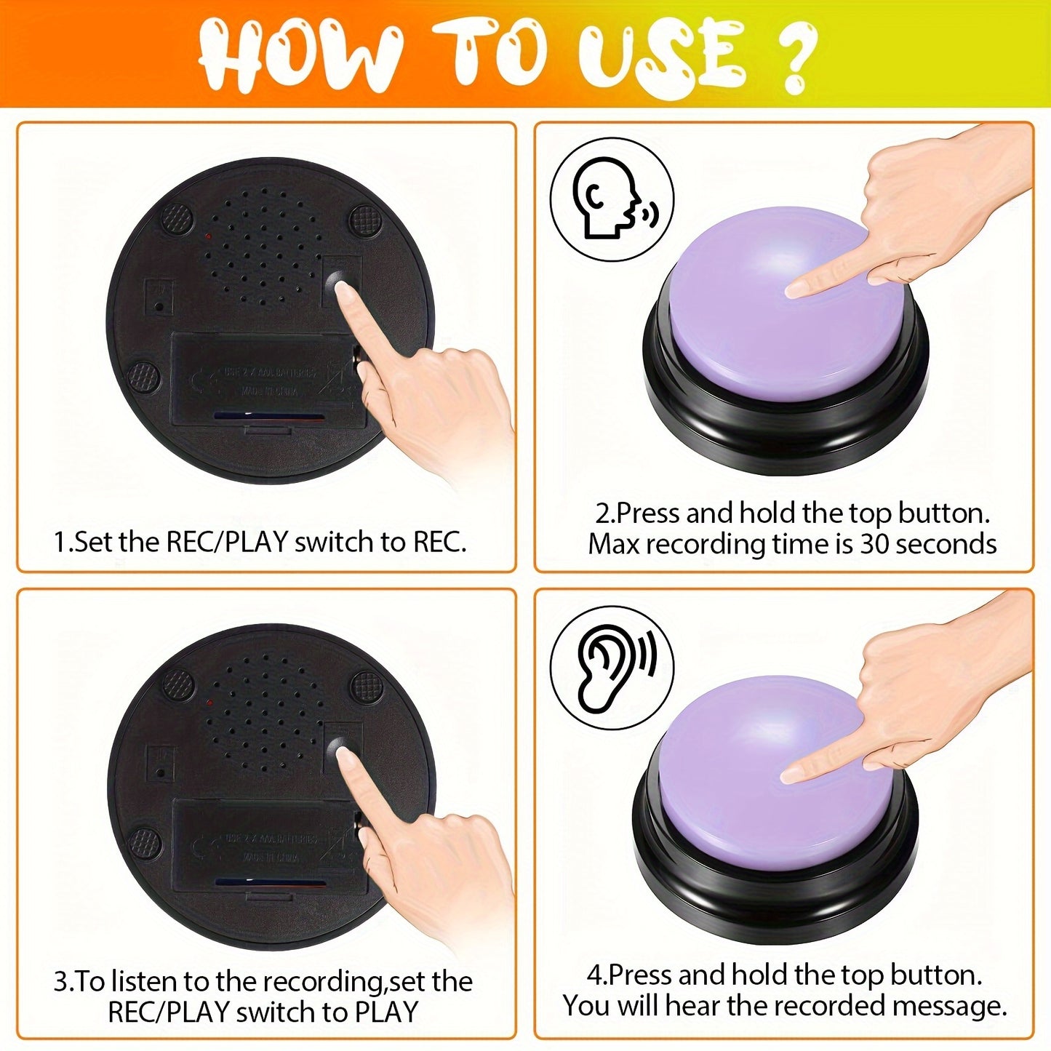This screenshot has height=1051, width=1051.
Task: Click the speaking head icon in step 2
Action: tap(611, 199)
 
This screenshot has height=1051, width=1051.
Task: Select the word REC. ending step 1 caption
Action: tap(440, 542)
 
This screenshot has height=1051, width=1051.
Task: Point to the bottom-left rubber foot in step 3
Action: tap(144, 842)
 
